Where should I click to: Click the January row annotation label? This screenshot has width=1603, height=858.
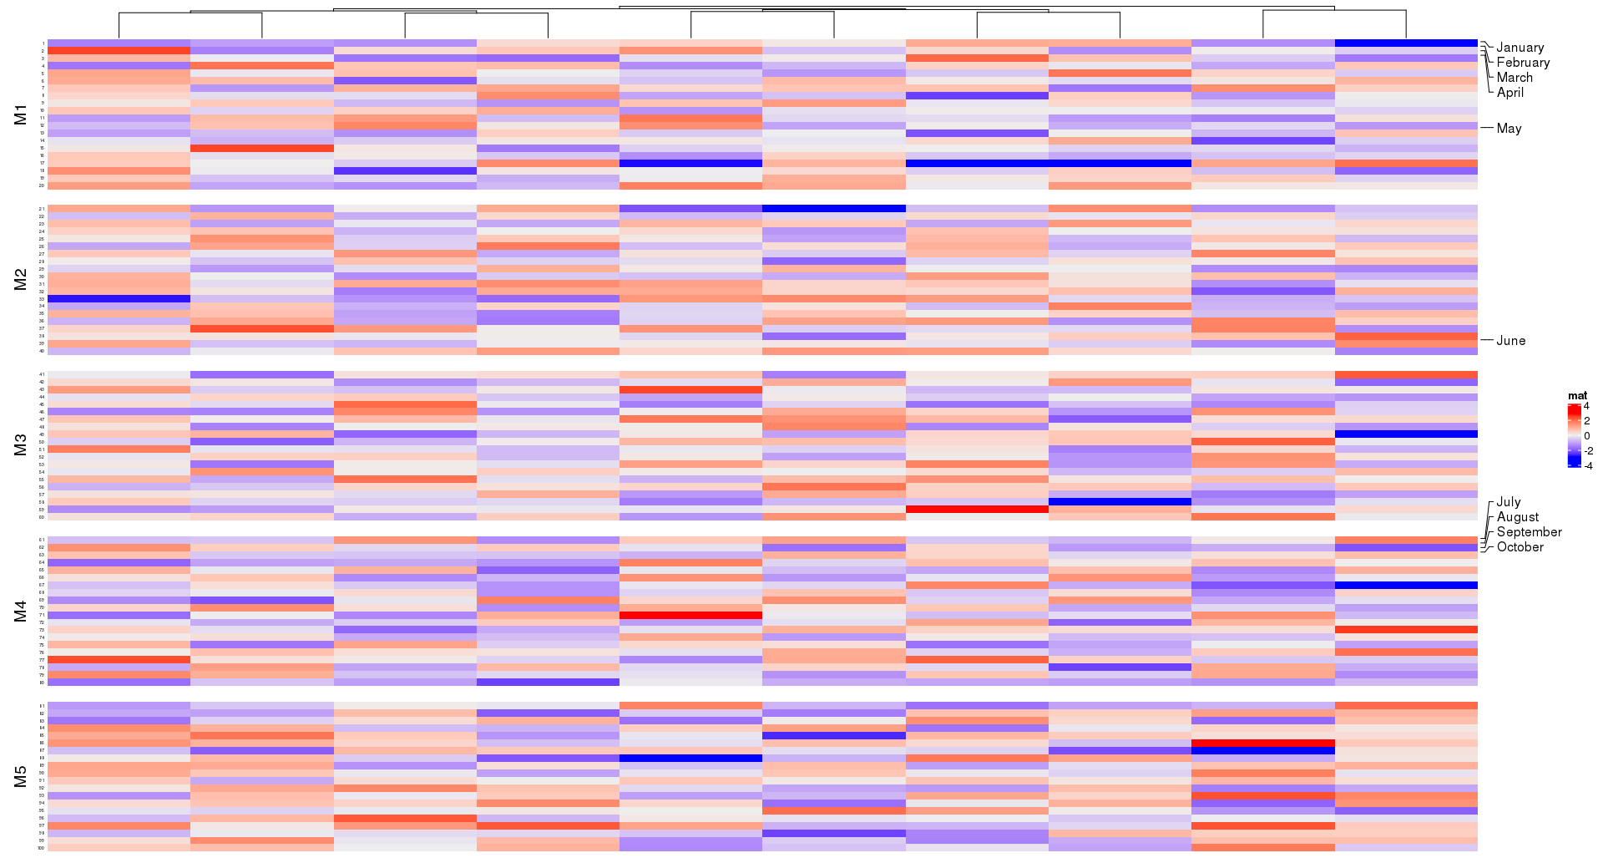click(1520, 48)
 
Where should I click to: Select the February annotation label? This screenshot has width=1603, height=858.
click(1523, 63)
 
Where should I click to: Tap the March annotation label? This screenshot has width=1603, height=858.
click(1515, 78)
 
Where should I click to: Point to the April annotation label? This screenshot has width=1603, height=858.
click(1510, 93)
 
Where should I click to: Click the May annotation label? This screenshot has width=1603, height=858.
click(1509, 129)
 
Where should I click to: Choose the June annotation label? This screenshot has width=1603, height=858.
click(1510, 341)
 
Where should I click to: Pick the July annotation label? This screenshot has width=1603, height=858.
click(1509, 502)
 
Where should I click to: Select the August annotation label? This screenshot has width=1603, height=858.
click(1518, 517)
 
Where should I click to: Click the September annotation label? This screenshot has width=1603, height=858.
click(1529, 532)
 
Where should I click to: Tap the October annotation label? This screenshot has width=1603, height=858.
click(1520, 547)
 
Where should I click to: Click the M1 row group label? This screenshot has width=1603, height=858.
click(21, 114)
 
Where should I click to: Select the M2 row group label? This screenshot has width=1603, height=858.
click(21, 280)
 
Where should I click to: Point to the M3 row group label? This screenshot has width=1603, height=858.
click(21, 445)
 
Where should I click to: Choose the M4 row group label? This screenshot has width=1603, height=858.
click(21, 612)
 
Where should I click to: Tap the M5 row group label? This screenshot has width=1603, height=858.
click(21, 777)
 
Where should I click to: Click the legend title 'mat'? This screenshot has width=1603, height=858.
click(1577, 396)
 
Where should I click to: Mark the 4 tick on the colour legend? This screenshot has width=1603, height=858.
click(1586, 406)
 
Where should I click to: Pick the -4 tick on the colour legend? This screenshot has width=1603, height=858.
click(1588, 466)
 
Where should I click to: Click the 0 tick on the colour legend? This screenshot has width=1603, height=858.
click(1586, 436)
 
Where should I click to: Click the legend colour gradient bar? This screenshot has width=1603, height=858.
click(1574, 435)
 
